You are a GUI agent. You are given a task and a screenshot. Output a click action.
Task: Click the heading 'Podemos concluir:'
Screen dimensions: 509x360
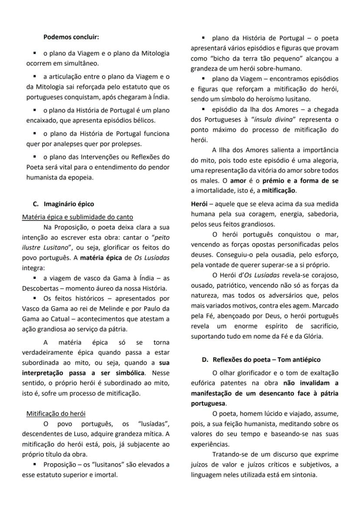pos(71,37)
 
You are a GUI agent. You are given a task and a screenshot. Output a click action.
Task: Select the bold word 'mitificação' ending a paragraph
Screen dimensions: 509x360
pos(278,191)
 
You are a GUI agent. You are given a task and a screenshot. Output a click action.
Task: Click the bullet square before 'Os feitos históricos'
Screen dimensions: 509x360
pos(34,298)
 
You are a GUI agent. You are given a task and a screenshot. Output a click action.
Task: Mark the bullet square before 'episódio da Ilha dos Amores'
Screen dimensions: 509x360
pos(203,108)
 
